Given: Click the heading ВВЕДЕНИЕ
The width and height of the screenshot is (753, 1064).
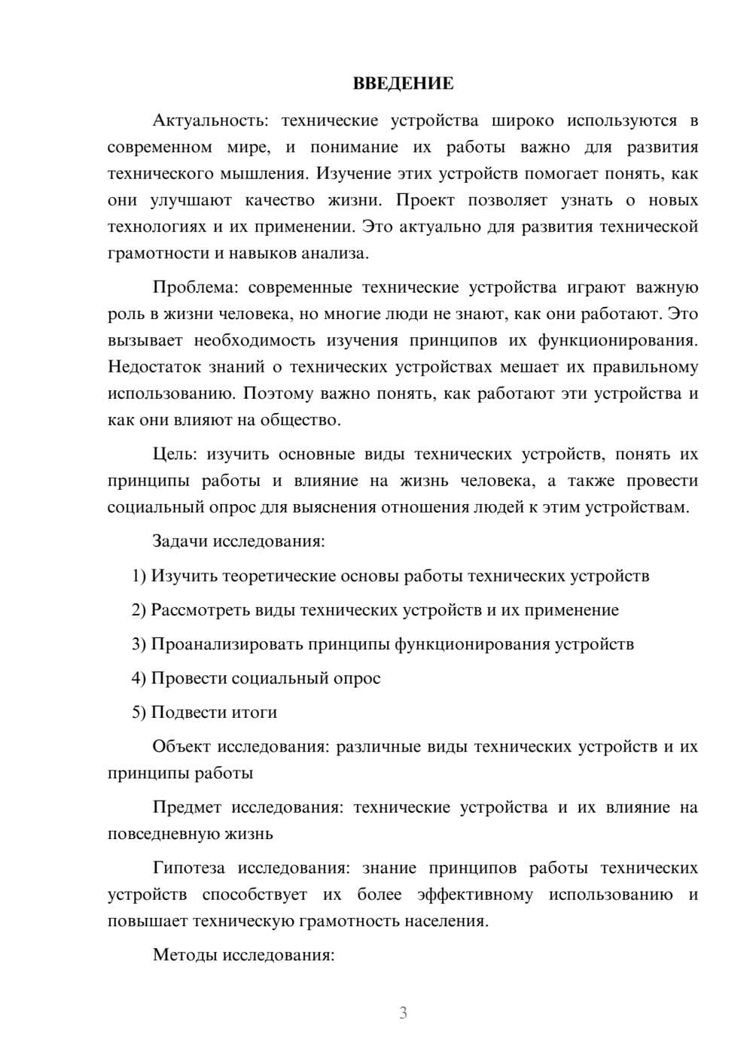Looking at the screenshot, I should pos(403,84).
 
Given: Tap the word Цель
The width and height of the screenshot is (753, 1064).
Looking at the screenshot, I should pos(174,454).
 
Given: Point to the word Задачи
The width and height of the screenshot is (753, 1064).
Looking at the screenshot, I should pos(180,542).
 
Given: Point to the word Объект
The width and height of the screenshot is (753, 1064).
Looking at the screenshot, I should pos(181,746).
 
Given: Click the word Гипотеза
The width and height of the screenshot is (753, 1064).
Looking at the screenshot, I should pos(189,868).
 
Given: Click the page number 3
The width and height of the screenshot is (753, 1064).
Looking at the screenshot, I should pos(403,1013).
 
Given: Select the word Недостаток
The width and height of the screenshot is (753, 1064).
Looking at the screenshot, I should pos(154,367).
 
